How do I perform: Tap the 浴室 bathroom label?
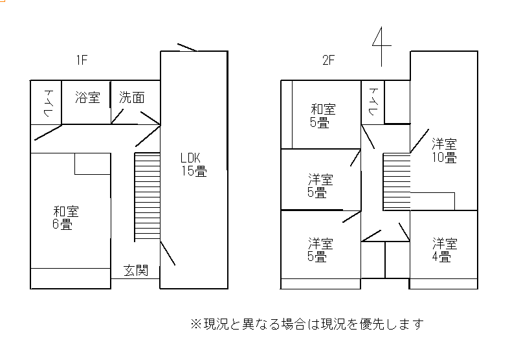pos(87,98)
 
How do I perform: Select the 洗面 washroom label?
pos(131,98)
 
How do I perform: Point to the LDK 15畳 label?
pos(193,164)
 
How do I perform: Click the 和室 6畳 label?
pos(66,218)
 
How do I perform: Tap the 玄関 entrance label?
pos(136,269)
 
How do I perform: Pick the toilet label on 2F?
pos(373,102)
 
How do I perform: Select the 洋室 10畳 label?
pos(445,150)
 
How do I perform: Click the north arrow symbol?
pos(382,47)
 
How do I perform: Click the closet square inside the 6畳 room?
pos(91,163)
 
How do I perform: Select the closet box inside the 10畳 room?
pos(432,201)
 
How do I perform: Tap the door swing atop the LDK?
pos(187,48)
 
